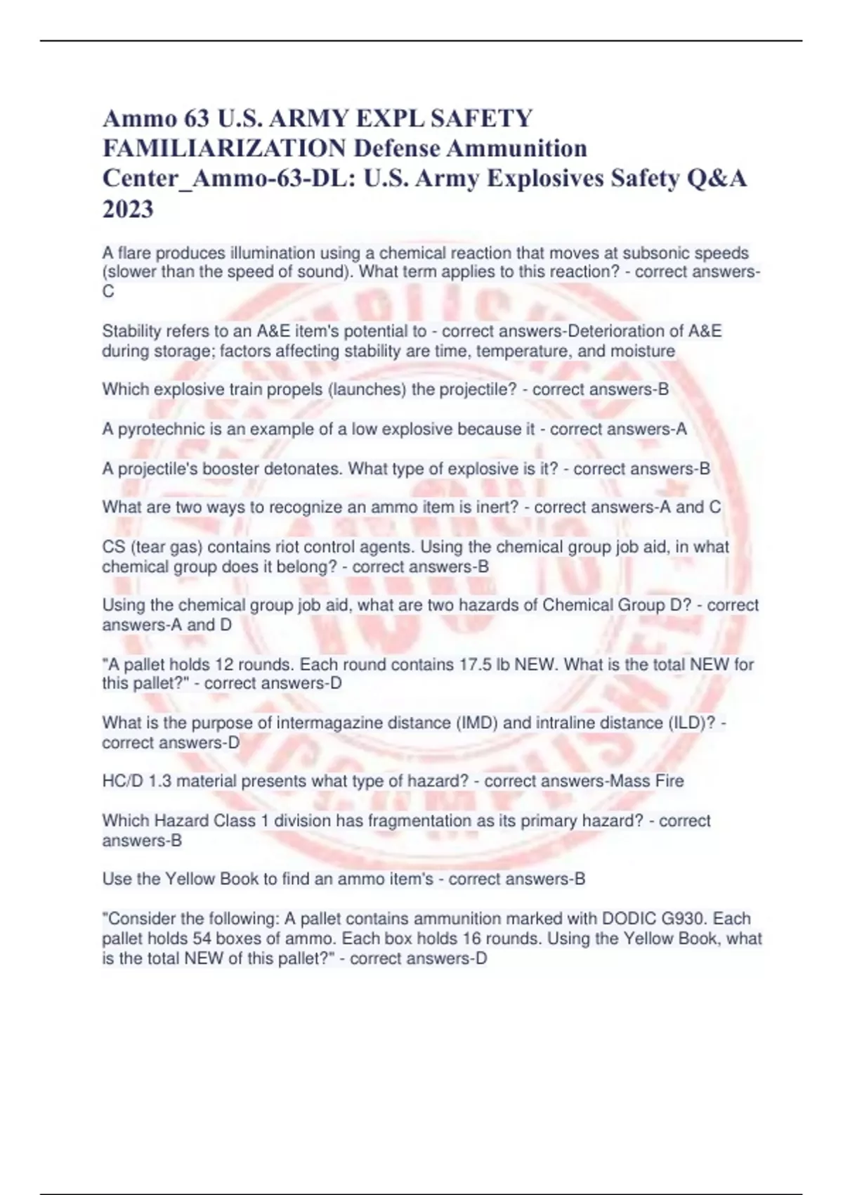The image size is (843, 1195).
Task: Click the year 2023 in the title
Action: [128, 209]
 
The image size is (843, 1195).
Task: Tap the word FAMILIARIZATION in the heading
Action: [224, 148]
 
